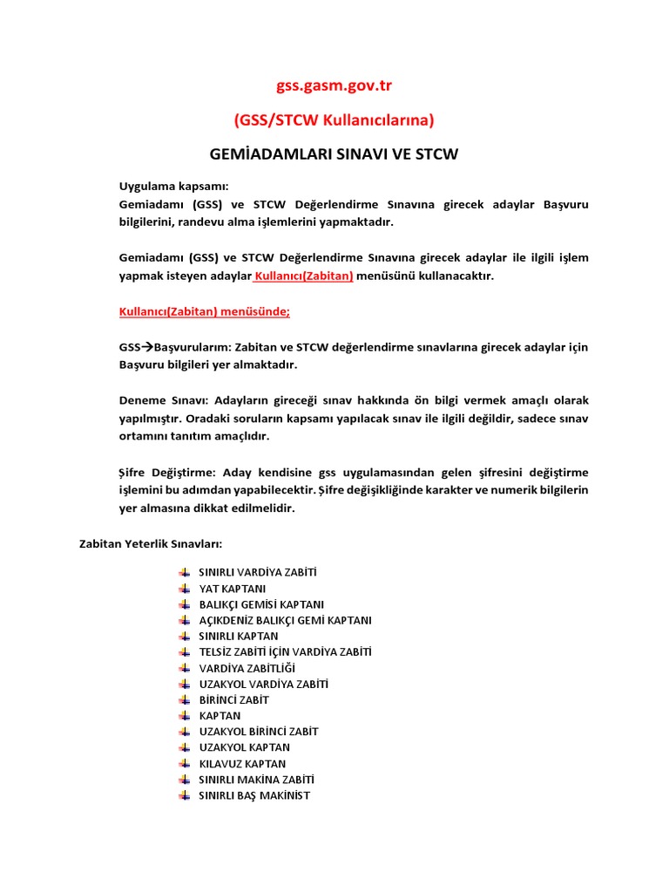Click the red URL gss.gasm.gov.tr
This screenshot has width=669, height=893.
[x=334, y=85]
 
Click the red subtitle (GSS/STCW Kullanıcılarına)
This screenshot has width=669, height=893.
[x=334, y=119]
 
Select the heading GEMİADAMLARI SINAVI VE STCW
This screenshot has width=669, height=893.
[x=334, y=154]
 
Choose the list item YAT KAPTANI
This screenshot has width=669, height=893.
[x=233, y=589]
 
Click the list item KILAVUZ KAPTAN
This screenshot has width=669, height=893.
[x=242, y=764]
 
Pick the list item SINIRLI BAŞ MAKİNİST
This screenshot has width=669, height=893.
[x=254, y=795]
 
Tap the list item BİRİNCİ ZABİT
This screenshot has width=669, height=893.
[x=234, y=700]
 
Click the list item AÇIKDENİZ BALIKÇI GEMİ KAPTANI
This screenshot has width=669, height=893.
[x=285, y=620]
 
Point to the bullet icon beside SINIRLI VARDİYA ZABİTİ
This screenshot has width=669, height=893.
[x=184, y=573]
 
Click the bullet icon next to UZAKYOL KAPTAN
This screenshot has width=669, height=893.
[x=184, y=748]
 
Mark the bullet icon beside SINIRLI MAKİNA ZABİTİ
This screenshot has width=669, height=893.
[x=184, y=780]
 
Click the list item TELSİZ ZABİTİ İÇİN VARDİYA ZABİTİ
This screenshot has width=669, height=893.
[x=286, y=652]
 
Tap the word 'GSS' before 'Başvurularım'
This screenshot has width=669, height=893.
[x=130, y=347]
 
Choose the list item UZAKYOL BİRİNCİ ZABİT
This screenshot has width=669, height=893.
[x=259, y=732]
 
